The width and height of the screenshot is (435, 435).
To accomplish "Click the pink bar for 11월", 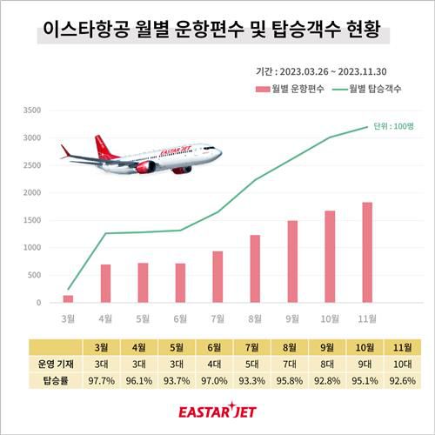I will point(366,252).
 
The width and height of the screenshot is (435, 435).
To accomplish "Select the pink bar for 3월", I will point(68,298).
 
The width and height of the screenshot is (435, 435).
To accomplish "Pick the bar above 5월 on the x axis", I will point(143,282).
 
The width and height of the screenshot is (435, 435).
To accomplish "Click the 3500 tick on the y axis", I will point(31,110).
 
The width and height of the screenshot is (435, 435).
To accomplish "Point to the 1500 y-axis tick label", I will point(31,220).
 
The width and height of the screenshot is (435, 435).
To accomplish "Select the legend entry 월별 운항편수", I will point(291,89).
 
